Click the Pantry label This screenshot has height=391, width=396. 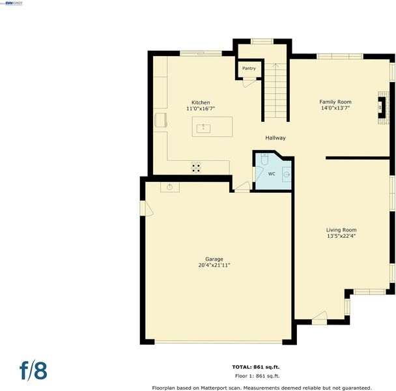(249, 68)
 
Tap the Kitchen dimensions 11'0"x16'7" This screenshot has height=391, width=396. (201, 109)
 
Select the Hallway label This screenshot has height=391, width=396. (276, 138)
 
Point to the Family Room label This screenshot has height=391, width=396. (335, 102)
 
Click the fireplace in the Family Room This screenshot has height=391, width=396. (382, 108)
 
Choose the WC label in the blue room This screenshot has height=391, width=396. (272, 174)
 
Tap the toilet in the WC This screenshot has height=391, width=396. (264, 159)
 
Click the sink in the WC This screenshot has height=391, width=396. (287, 175)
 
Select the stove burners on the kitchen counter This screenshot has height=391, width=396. (196, 167)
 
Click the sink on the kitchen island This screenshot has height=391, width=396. (204, 128)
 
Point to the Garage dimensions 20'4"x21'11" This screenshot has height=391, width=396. (214, 265)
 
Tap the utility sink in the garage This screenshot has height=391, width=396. (170, 187)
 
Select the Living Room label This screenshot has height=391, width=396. (341, 230)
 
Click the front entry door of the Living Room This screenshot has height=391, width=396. (320, 318)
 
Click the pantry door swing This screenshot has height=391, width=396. (249, 83)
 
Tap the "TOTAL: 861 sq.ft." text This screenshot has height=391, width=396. (256, 367)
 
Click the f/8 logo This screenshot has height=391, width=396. (33, 371)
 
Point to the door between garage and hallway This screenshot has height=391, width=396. (242, 187)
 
